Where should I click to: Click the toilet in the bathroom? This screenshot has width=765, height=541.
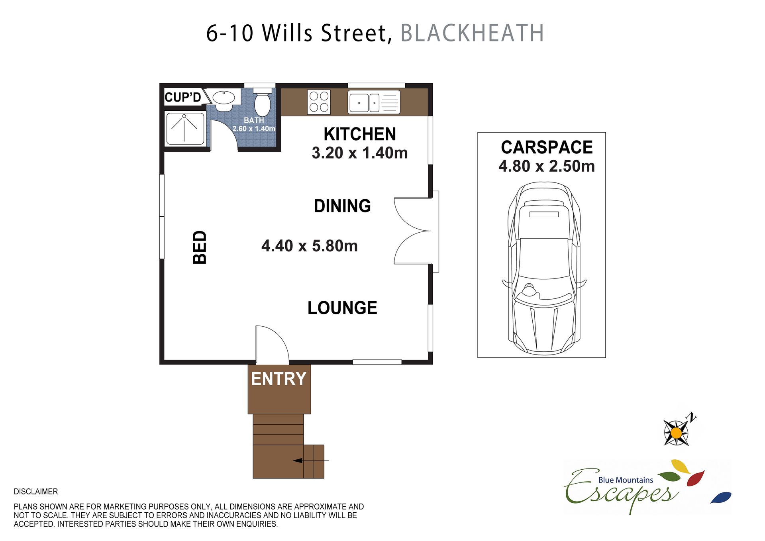coord(262,102)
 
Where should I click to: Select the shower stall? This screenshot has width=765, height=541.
coord(185,129)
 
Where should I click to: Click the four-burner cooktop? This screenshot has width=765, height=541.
coord(319,102)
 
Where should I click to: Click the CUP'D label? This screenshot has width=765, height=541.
coord(183,97)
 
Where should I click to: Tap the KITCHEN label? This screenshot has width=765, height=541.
coord(360,134)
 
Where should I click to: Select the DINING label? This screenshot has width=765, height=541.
coord(342,206)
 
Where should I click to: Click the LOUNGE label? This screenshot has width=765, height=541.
coord(342,308)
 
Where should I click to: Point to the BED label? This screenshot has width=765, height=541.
coord(200,247)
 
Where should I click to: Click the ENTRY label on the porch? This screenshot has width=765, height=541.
coord(279,378)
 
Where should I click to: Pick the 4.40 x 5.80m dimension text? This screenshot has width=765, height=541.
coord(310,246)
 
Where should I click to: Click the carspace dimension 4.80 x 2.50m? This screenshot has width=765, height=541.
coord(547,166)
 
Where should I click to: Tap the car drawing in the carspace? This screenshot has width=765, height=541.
coord(544,269)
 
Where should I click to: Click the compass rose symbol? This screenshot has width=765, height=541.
coord(677,432)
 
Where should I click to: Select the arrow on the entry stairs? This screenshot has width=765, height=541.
coord(311,461)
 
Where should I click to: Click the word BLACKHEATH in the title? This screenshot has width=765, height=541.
coord(472,33)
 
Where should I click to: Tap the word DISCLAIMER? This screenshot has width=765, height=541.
coord(36,492)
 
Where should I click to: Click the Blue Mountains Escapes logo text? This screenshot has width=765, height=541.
coord(622,490)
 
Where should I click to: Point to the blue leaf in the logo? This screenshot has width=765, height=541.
coord(721,498)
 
